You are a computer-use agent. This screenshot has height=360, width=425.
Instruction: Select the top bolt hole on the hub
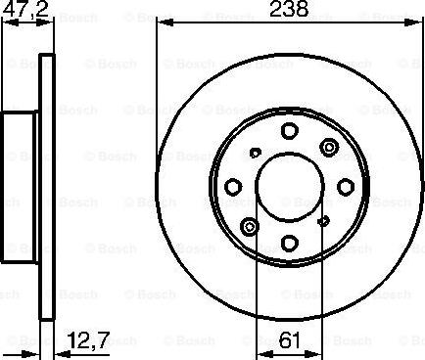[289, 131]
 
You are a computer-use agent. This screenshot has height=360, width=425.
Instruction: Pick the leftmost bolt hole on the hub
[233, 187]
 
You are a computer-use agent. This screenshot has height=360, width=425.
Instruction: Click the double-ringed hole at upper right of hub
[329, 148]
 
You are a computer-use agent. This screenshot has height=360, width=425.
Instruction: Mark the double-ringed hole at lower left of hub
[250, 227]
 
